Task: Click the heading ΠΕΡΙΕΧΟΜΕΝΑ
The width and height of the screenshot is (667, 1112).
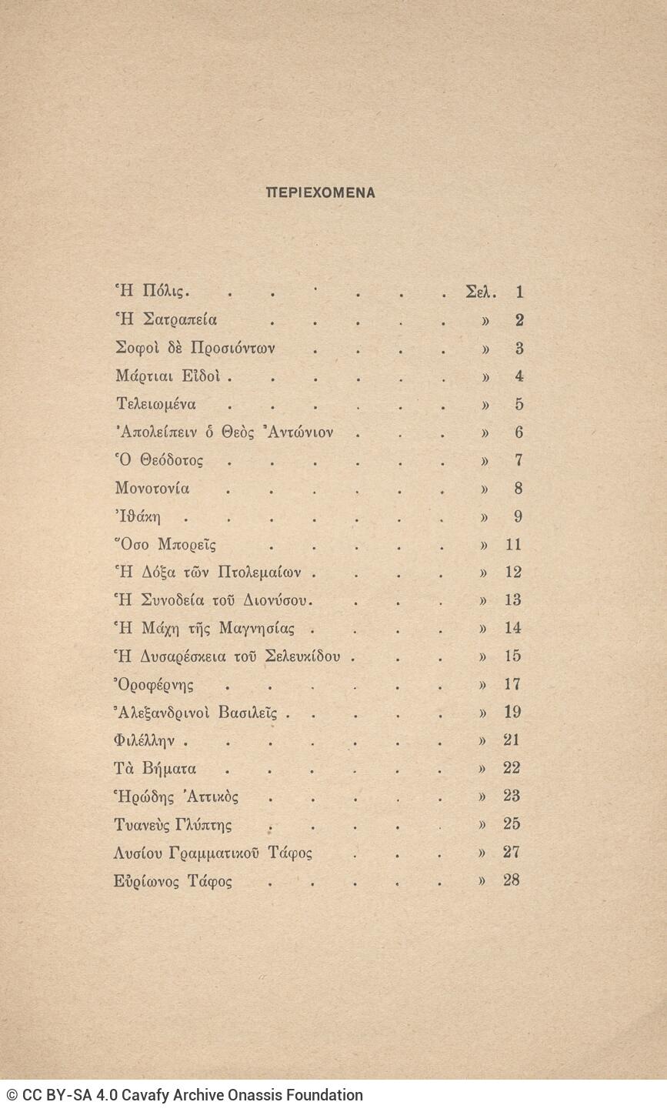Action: pos(320,193)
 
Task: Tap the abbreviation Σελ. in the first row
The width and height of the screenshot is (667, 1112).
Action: pos(482,292)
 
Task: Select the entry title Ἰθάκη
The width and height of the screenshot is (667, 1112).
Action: pos(138,517)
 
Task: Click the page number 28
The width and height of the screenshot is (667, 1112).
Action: pos(512,880)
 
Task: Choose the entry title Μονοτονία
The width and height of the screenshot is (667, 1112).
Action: pos(152,489)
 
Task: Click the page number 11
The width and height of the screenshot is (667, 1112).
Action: pos(513,545)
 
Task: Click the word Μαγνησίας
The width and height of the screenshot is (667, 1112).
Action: pos(257,629)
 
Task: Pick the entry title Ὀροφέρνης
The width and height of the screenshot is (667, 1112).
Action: pos(153,685)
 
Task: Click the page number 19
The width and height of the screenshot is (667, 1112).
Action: pos(512,713)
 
